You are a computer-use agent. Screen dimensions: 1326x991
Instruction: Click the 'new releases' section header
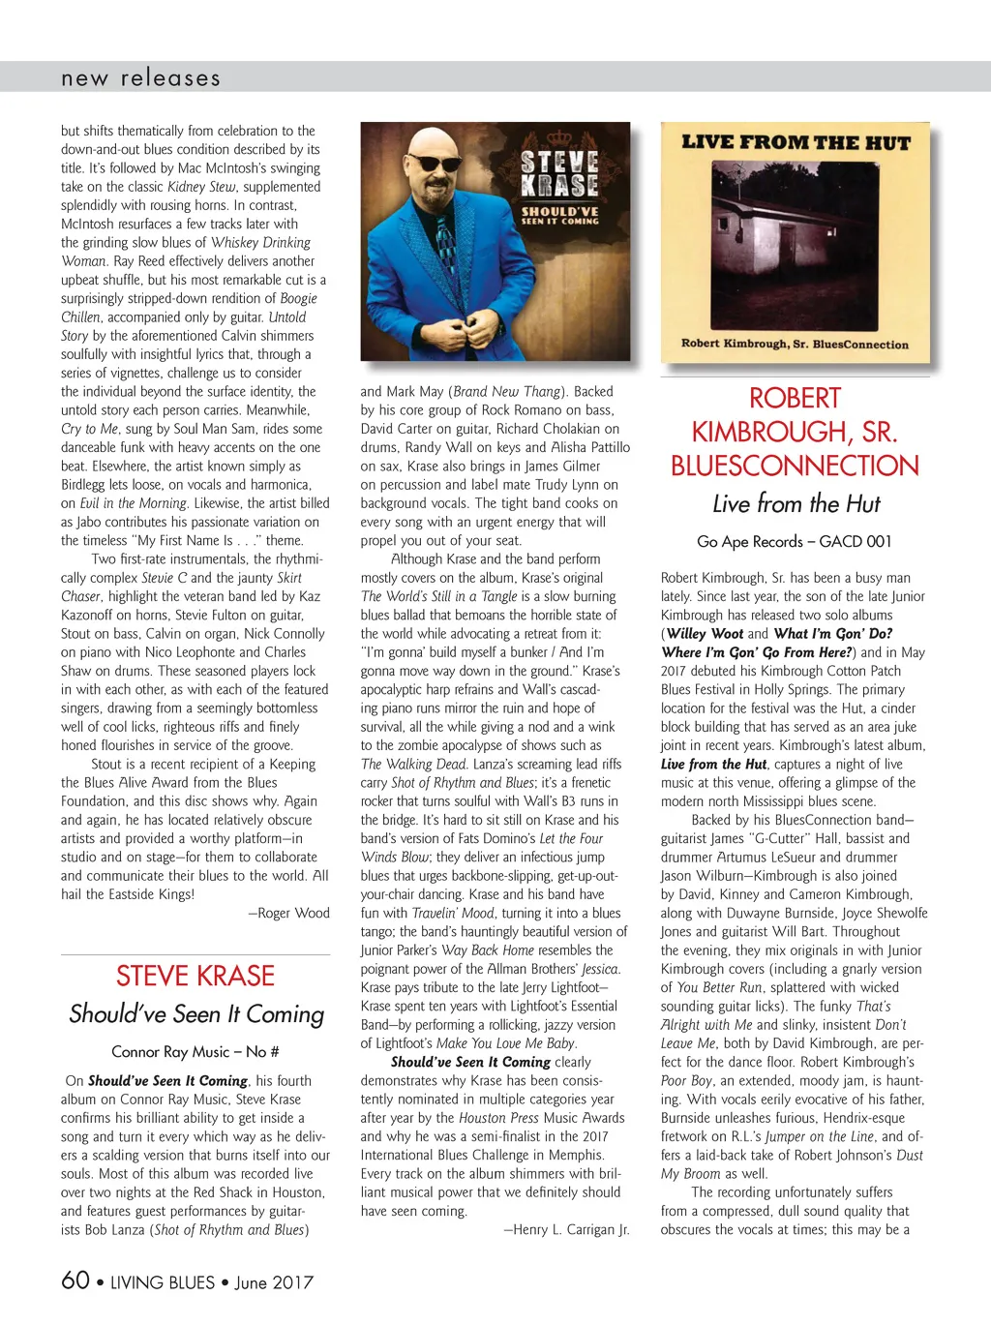(x=140, y=78)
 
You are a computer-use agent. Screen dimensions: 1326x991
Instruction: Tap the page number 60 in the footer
(x=75, y=1281)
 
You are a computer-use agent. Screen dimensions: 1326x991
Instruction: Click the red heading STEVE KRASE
(x=195, y=976)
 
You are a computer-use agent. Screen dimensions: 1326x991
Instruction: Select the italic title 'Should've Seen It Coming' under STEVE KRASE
(x=196, y=1014)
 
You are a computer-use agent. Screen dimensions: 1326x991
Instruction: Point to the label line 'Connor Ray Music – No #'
(x=195, y=1052)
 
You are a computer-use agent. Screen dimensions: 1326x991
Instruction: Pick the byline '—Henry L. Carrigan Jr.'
(x=566, y=1229)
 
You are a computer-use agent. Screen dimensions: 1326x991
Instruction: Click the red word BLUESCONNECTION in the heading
(x=795, y=466)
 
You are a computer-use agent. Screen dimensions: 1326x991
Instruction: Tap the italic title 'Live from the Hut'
(x=796, y=504)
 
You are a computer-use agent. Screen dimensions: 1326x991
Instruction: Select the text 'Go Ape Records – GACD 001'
(x=795, y=542)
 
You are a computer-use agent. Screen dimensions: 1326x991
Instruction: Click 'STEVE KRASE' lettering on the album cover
(x=559, y=173)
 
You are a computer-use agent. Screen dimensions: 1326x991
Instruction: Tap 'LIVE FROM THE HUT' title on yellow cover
(x=796, y=143)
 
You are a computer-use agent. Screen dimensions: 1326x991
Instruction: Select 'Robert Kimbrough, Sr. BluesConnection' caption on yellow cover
(x=795, y=344)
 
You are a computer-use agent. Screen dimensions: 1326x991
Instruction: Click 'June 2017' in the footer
(x=274, y=1282)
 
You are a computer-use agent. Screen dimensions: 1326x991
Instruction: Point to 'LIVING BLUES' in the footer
(x=163, y=1282)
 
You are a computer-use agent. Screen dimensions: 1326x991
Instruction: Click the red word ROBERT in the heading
(x=795, y=399)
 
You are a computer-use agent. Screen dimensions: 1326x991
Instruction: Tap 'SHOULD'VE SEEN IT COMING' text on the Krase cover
(x=560, y=216)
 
